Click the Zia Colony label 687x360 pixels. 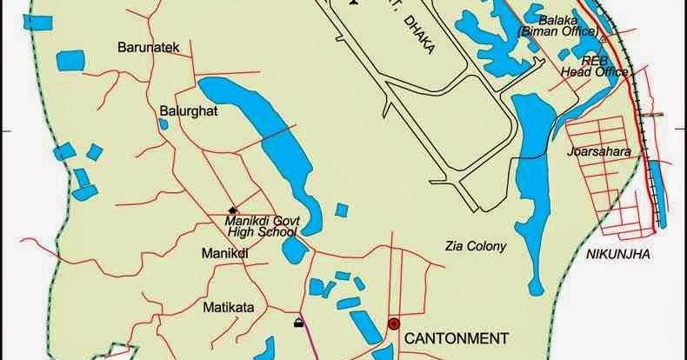pos(475,246)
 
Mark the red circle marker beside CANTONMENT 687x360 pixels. pos(394,323)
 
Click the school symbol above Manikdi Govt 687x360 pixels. pos(232,209)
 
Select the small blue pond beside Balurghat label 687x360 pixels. pos(163,124)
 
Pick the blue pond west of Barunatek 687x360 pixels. pos(70,61)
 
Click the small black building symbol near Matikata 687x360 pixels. pos(299,324)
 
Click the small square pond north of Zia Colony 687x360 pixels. pos(342,210)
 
